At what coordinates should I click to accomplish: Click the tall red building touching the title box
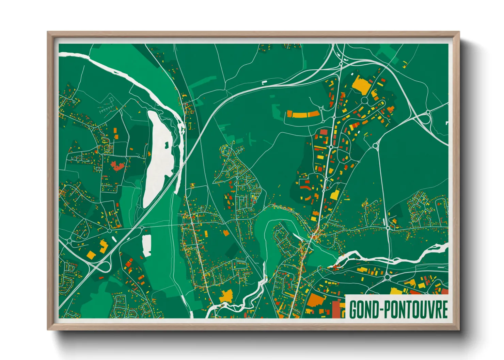(336, 309)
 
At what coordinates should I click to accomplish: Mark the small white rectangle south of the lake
(147, 245)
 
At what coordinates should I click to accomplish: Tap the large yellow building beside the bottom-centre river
(226, 296)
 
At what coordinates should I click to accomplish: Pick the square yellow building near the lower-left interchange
(91, 255)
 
